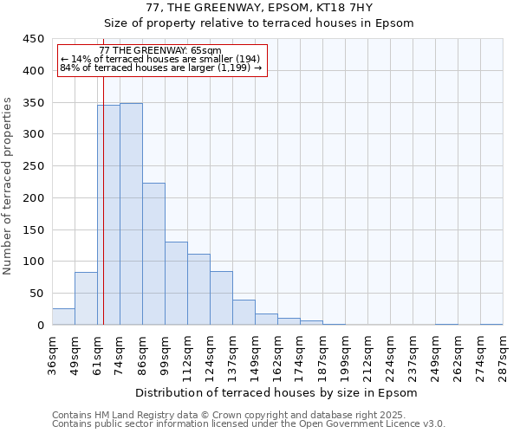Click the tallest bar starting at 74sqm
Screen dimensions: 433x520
pos(131,214)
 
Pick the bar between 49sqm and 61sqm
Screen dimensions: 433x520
pos(86,299)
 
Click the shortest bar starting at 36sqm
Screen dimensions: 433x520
pos(63,317)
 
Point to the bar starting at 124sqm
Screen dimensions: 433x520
pos(221,298)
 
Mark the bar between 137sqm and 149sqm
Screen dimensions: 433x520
pos(244,313)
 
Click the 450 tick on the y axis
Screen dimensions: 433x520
pos(34,39)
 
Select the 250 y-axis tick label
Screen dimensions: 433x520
pos(34,166)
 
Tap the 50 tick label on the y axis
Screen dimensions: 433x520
pos(37,294)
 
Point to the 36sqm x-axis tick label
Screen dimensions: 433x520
pos(53,354)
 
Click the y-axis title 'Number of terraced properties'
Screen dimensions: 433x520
pos(8,185)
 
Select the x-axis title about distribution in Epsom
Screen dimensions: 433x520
pos(276,392)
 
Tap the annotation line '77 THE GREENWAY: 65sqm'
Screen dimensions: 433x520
pos(160,51)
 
